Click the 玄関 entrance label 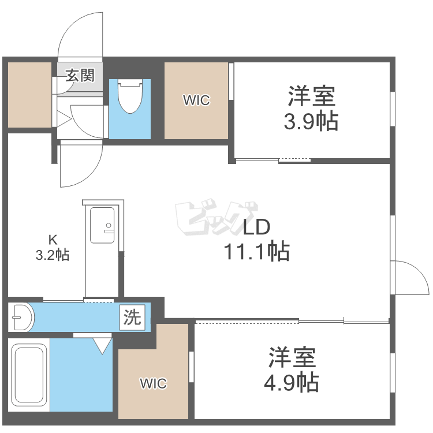[80, 76]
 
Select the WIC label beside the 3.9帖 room [196, 100]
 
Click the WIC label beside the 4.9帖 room [153, 383]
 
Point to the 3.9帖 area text [311, 121]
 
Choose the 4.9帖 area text [292, 383]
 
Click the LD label [256, 227]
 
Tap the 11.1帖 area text [256, 251]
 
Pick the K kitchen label [53, 240]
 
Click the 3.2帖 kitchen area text [53, 255]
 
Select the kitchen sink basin [102, 225]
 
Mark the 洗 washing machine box [132, 318]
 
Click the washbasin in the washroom [21, 318]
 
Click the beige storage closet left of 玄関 [29, 95]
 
